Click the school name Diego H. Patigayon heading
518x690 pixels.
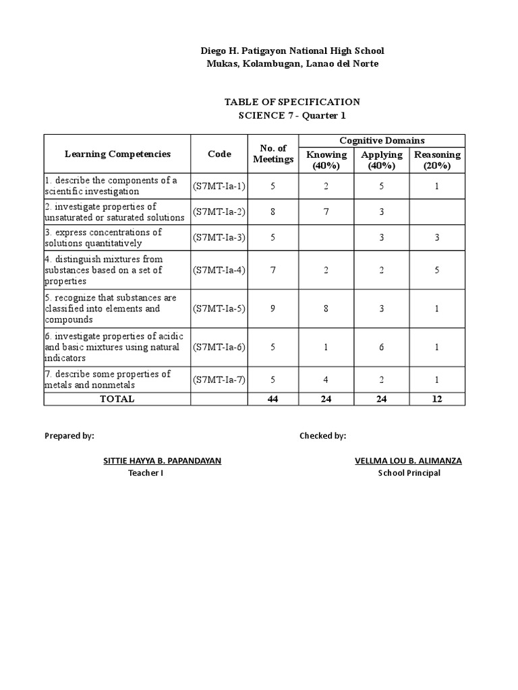291,51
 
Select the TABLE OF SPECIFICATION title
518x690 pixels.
291,102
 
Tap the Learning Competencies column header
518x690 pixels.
117,154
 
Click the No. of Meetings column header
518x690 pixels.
273,154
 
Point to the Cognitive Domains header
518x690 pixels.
382,140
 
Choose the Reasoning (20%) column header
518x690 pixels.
437,160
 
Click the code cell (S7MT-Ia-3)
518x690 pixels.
219,237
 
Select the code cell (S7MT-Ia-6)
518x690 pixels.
219,347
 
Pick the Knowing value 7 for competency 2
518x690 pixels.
326,212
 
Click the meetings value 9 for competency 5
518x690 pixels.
273,309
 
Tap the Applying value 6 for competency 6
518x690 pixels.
382,347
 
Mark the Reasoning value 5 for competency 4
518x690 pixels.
437,270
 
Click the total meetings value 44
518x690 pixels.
273,399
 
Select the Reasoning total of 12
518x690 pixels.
437,399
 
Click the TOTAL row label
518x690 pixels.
117,399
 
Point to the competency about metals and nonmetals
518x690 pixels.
108,379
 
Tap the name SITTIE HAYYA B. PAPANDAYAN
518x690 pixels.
162,461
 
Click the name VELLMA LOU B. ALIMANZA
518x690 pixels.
409,461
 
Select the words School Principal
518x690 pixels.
409,473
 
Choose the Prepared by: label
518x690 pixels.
69,436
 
